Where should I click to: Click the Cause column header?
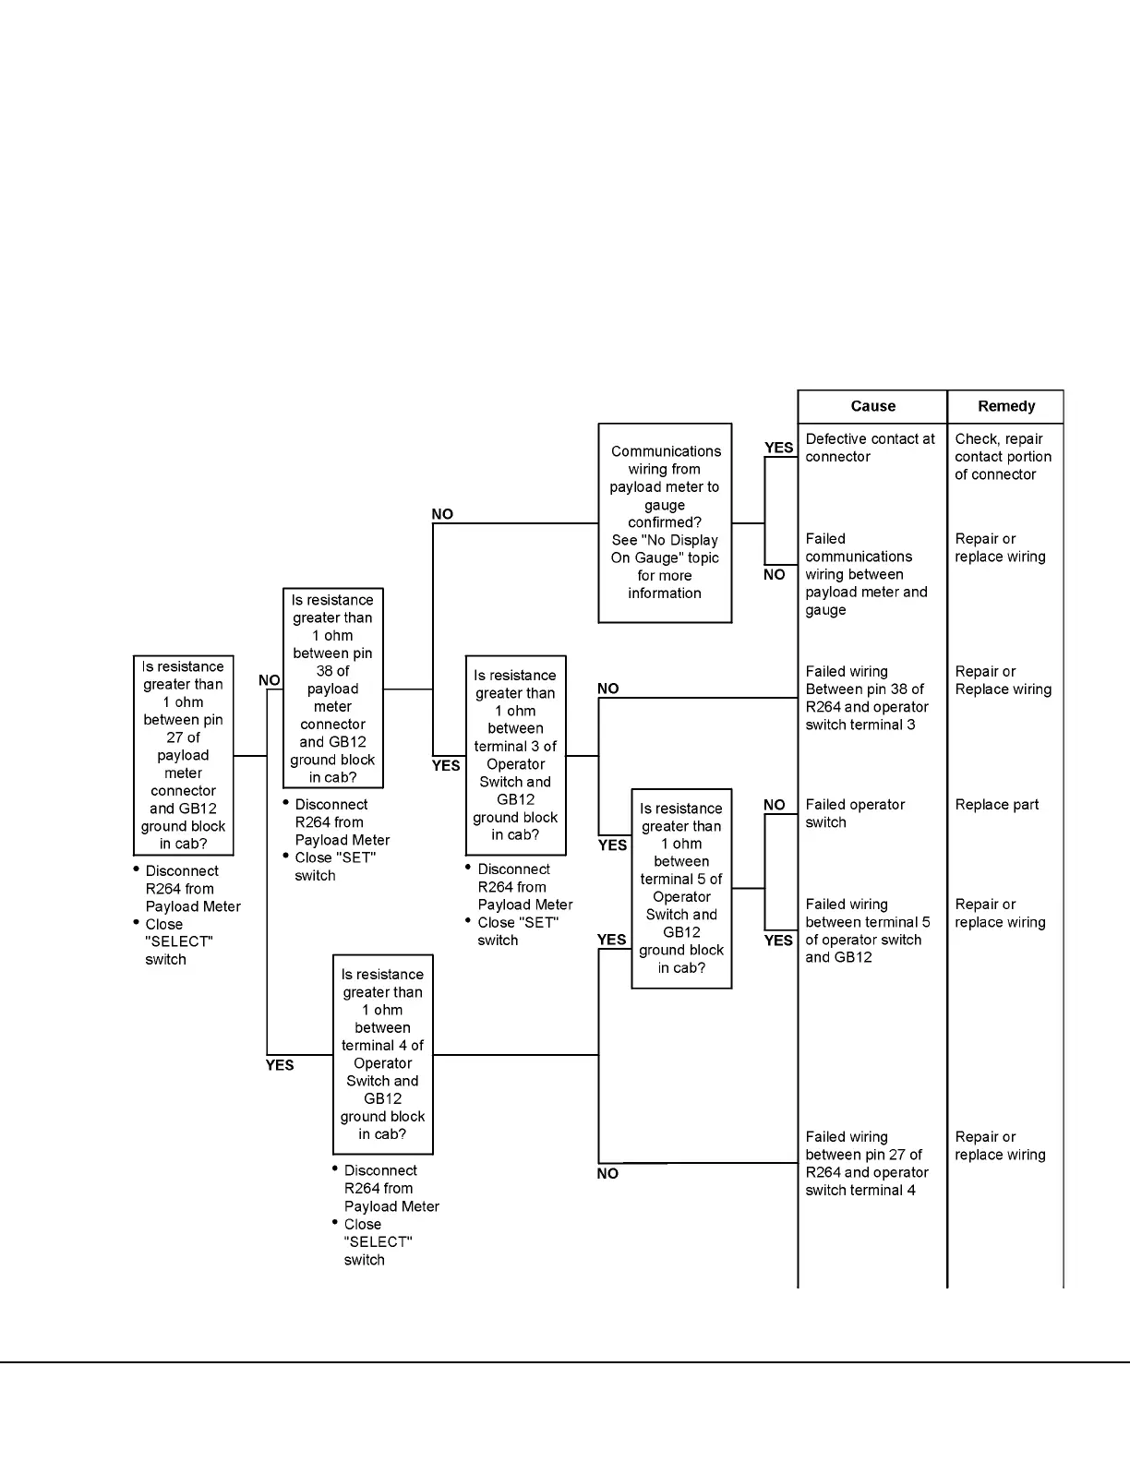(872, 406)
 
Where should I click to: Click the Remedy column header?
(1005, 406)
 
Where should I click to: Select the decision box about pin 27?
(183, 755)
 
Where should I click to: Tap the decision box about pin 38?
(332, 689)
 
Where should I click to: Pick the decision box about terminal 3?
(515, 755)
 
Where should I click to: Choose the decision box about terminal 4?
(382, 1054)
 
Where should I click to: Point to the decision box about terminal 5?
(681, 888)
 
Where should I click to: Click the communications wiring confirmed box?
(665, 522)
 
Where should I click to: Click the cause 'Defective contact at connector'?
(870, 448)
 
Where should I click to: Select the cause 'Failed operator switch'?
(855, 813)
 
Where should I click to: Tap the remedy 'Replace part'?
(996, 805)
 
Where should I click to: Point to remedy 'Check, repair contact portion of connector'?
(1003, 457)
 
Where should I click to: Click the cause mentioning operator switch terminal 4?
(866, 1164)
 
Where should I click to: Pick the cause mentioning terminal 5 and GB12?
(867, 930)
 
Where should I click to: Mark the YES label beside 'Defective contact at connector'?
(778, 448)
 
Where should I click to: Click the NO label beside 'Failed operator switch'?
(774, 805)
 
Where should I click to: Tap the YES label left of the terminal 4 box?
(280, 1065)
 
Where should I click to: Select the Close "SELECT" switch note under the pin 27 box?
(178, 941)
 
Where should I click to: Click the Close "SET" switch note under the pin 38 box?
(334, 867)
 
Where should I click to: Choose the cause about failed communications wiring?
(865, 574)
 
